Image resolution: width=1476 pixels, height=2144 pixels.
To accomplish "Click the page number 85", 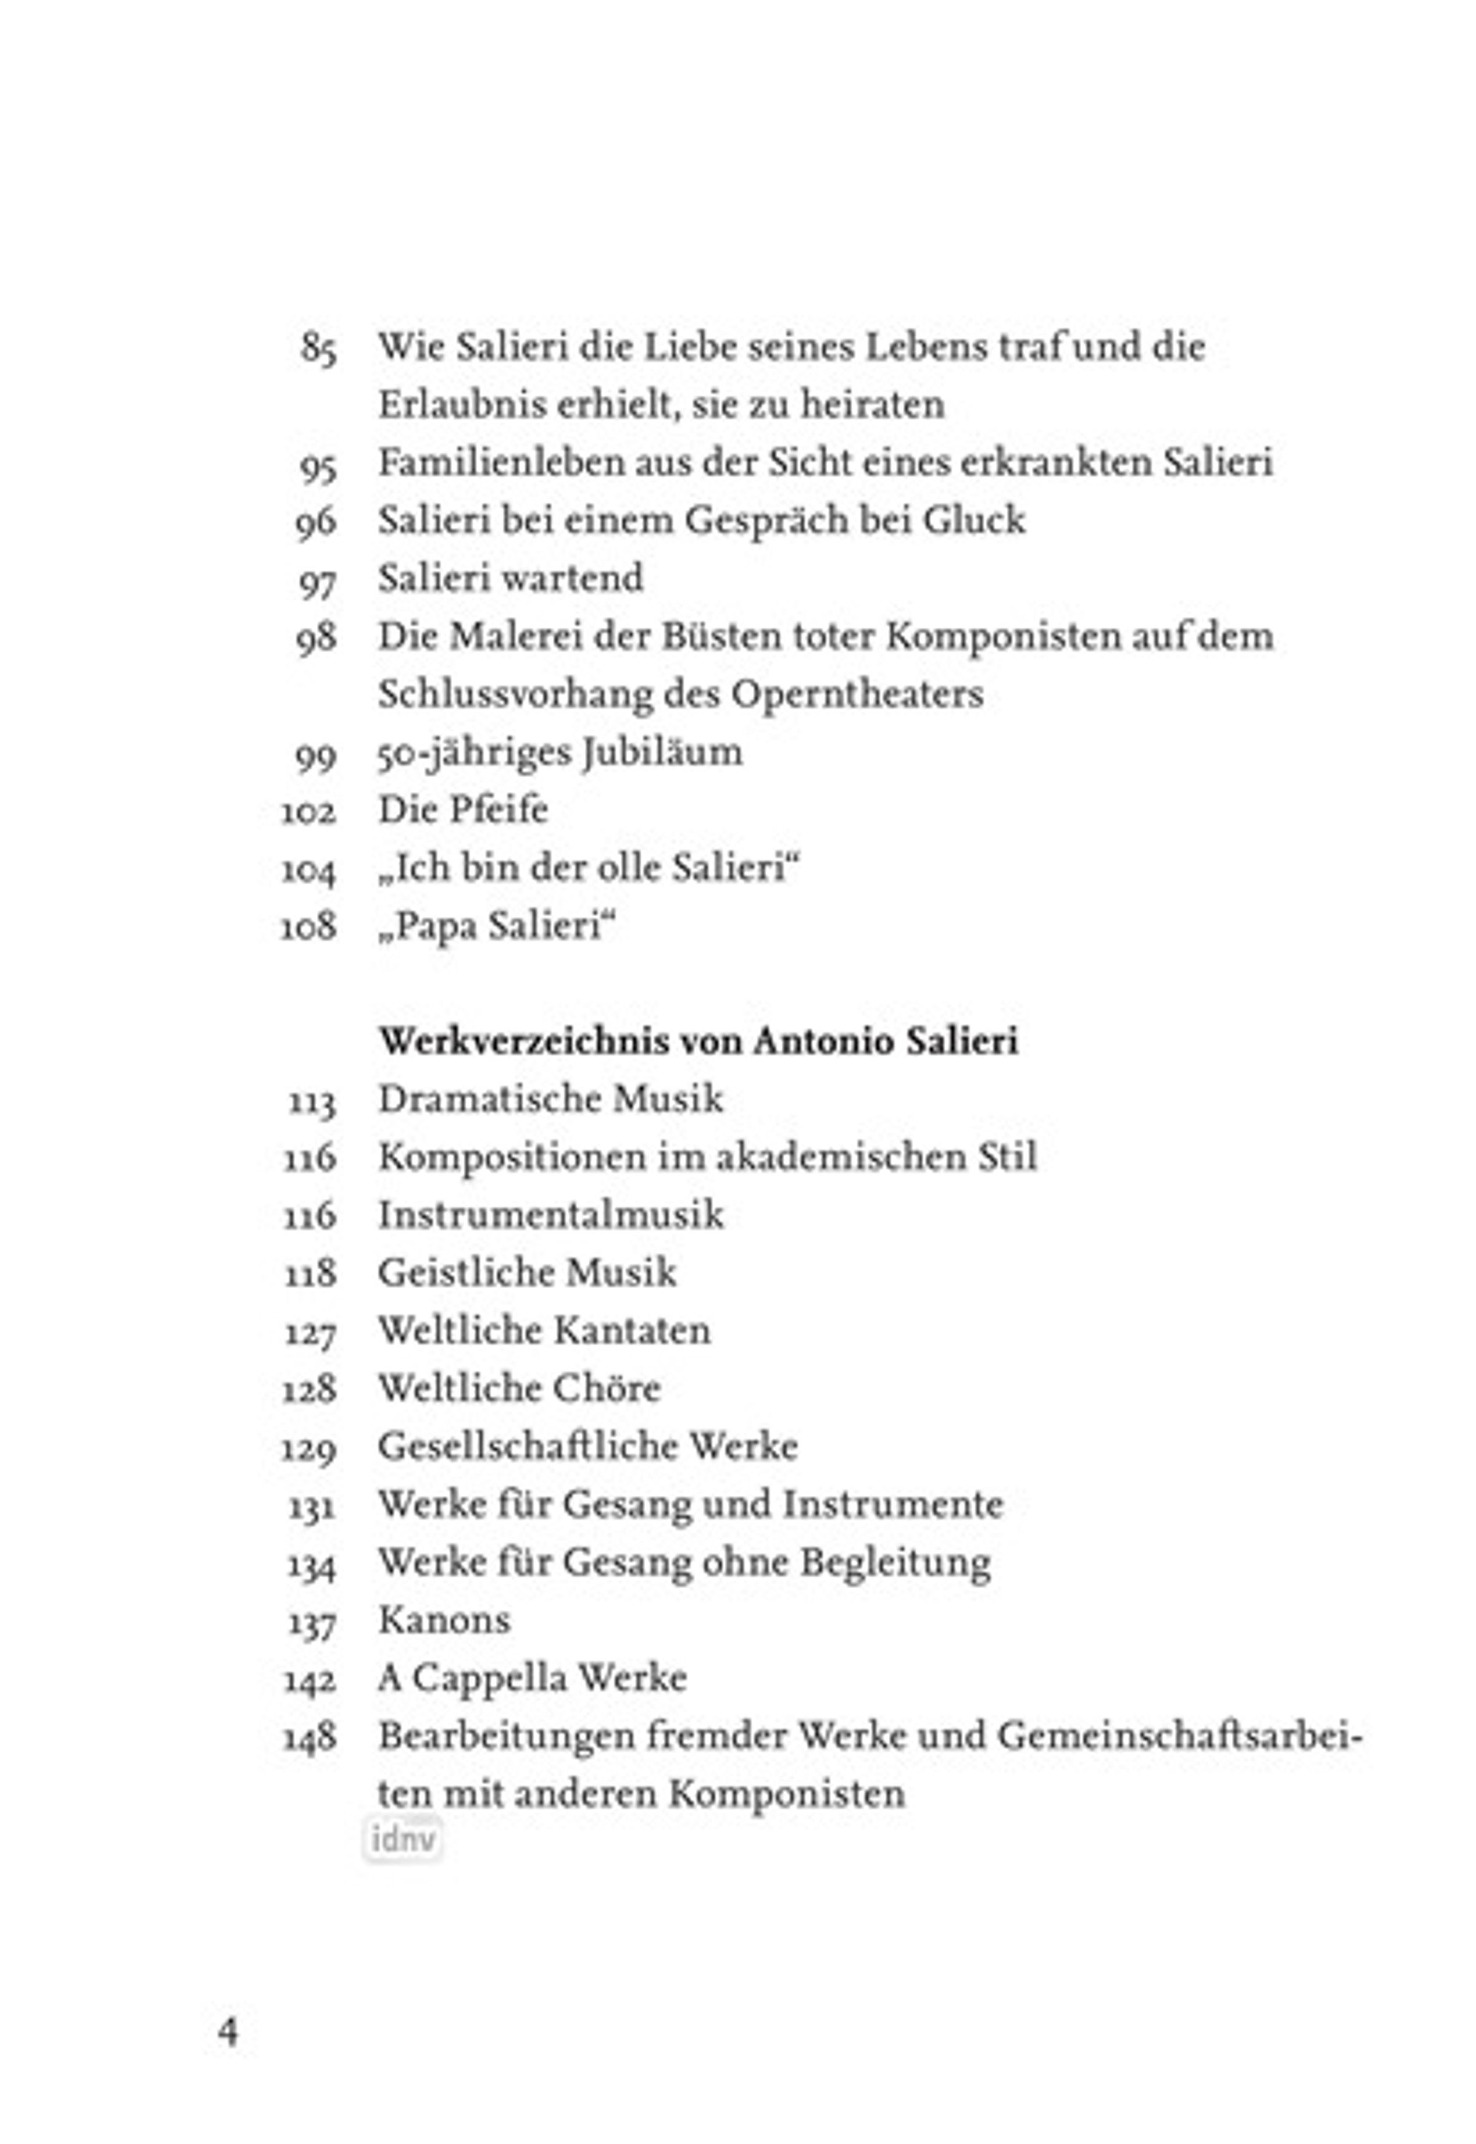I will click(x=318, y=349).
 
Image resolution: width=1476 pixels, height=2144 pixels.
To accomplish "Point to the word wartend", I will click(x=576, y=578).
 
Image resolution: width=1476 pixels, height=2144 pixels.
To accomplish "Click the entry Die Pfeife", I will click(x=462, y=810).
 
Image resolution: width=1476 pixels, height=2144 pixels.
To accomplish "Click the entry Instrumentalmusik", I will click(x=550, y=1215).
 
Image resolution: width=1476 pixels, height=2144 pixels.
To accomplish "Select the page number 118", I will click(x=310, y=1274).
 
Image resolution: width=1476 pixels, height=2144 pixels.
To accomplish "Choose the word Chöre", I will click(x=606, y=1389).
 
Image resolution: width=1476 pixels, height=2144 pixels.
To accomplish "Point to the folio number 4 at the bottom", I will click(x=228, y=2032).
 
